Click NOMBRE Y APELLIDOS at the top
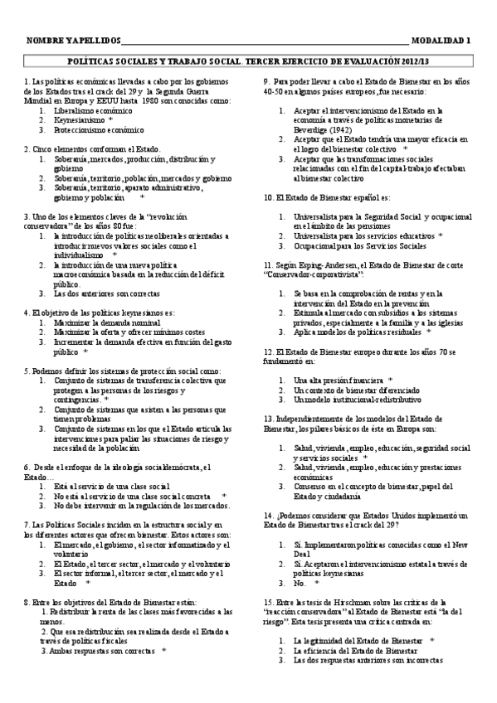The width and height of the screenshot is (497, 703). pyautogui.click(x=74, y=40)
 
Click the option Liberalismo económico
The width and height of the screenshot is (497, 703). pyautogui.click(x=92, y=109)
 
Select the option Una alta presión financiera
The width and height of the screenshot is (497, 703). pyautogui.click(x=336, y=380)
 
